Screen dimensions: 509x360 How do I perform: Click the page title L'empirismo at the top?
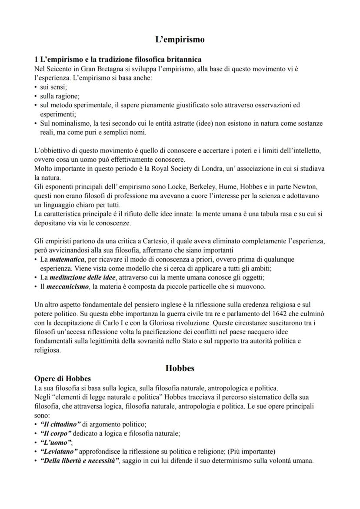pyautogui.click(x=180, y=40)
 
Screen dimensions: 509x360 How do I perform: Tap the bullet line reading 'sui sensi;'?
pyautogui.click(x=51, y=87)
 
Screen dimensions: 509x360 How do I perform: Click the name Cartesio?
pyautogui.click(x=176, y=241)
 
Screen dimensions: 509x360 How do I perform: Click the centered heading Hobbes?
pyautogui.click(x=180, y=368)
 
